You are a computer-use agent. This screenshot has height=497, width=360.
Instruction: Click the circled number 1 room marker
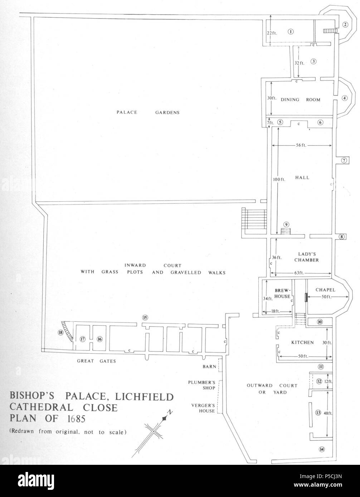pos(291,31)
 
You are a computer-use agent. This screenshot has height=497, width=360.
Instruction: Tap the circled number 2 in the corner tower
pos(345,25)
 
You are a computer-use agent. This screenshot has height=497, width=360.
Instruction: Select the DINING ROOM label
pos(300,100)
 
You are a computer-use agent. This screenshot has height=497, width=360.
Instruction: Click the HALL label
pos(302,178)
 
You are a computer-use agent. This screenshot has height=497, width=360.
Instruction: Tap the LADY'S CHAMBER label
pos(306,257)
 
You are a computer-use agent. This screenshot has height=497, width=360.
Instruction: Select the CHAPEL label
pos(325,290)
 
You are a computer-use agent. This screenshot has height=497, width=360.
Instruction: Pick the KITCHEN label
pos(302,343)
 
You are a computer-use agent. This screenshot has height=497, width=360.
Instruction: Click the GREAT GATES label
pos(97,361)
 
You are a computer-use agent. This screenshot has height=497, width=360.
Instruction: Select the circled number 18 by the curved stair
pos(60,333)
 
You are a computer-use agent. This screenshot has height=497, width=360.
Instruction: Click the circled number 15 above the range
pos(145,317)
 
